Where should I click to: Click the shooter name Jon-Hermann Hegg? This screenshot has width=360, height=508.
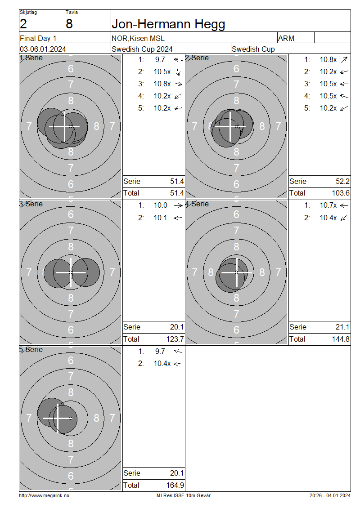tap(168, 24)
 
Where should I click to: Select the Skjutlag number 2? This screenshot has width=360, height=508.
tap(23, 24)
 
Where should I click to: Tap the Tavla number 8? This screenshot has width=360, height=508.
tap(69, 24)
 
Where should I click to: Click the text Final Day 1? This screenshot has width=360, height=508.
tap(38, 38)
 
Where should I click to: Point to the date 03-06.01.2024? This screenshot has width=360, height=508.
tap(43, 49)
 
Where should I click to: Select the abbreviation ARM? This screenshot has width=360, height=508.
tap(286, 38)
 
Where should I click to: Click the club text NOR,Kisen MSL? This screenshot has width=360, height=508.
tap(138, 39)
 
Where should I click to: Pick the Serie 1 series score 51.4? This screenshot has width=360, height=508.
tap(177, 182)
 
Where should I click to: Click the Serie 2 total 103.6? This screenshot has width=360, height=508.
tap(341, 193)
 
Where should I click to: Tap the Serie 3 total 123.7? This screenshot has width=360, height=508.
tap(175, 339)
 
